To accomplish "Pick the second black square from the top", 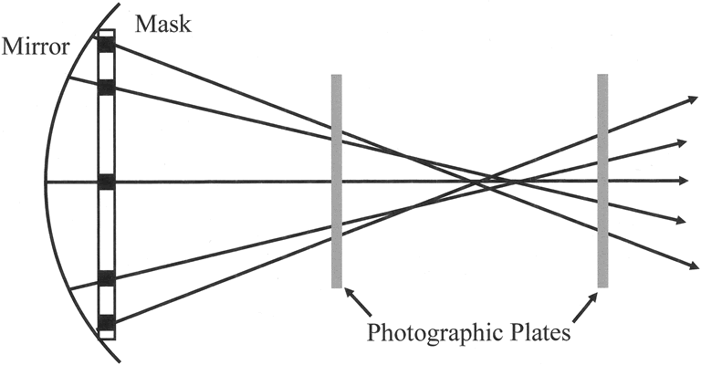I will pyautogui.click(x=107, y=87).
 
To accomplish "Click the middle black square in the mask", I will pyautogui.click(x=107, y=182).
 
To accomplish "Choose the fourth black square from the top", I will pyautogui.click(x=107, y=277).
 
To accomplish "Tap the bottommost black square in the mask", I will pyautogui.click(x=107, y=321).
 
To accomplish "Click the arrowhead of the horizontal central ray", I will pyautogui.click(x=683, y=181).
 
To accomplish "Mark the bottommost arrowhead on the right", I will pyautogui.click(x=684, y=265).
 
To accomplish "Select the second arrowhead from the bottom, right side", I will pyautogui.click(x=683, y=221).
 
